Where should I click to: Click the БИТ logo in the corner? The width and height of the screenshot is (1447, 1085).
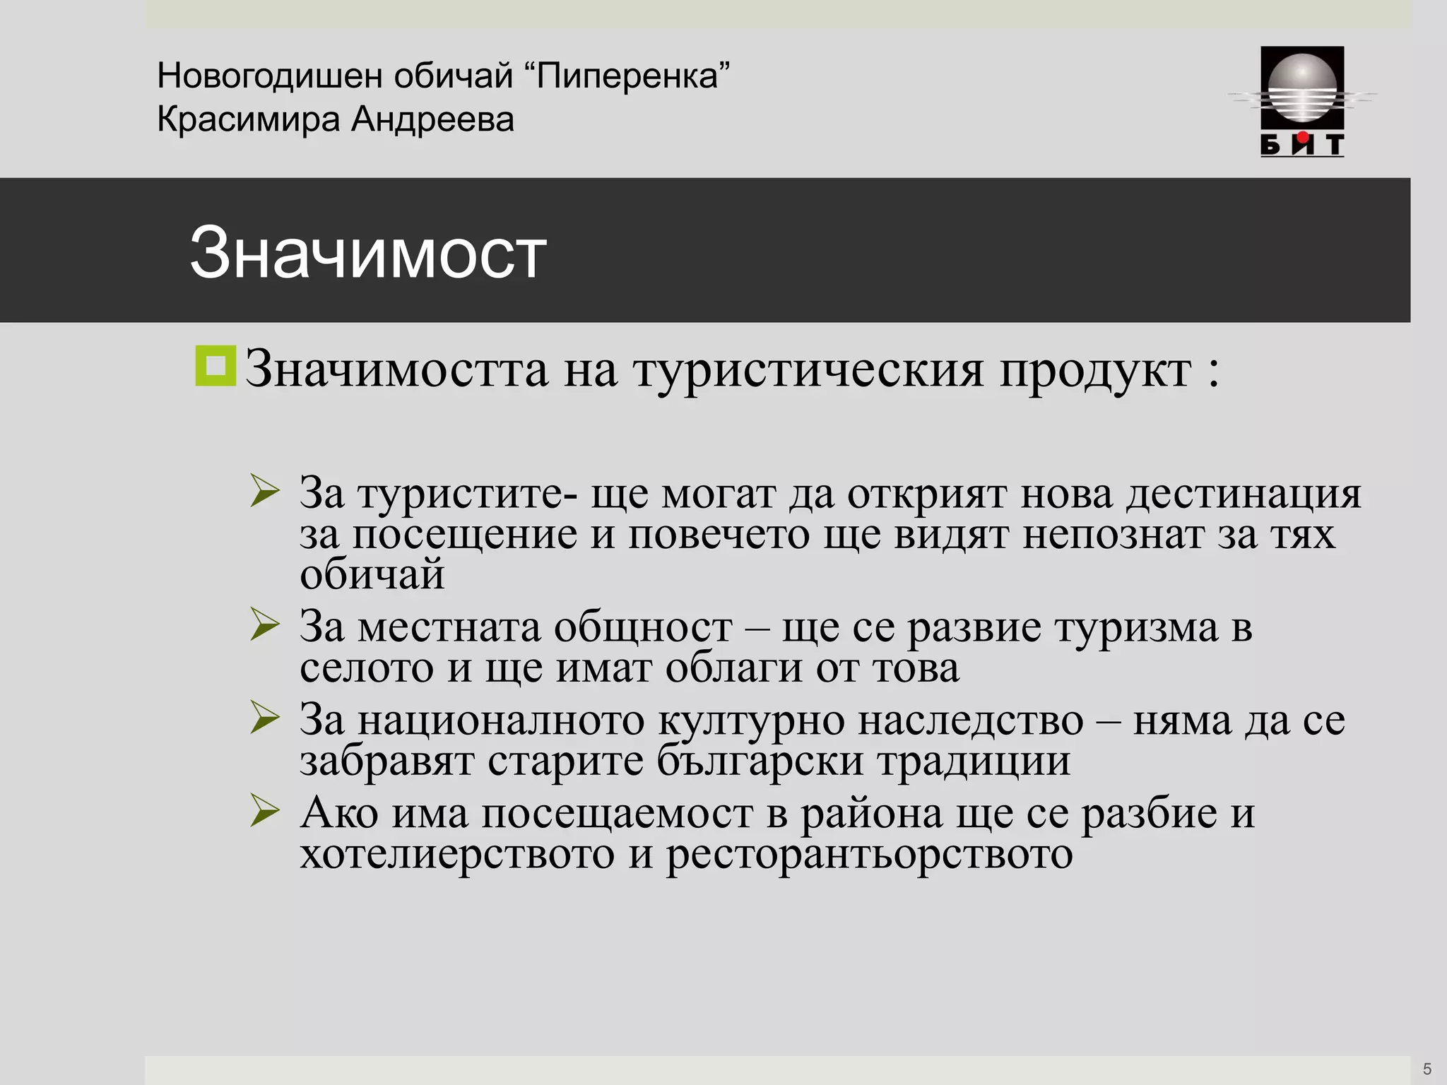point(1302,101)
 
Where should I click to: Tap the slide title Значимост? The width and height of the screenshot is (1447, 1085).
point(367,252)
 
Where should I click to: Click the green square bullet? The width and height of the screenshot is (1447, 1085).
point(215,366)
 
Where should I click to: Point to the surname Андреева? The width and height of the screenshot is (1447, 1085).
point(432,119)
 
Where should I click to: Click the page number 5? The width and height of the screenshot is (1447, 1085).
point(1427,1069)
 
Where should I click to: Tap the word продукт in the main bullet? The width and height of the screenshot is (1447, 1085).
point(1094,369)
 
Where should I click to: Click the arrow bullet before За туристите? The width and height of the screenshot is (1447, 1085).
point(265,492)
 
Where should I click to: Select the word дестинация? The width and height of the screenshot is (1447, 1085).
point(1243,493)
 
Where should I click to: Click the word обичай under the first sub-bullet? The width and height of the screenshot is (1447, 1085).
point(372,574)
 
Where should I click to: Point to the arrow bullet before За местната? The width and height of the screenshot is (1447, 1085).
point(265,625)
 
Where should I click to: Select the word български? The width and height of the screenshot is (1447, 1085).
point(760,761)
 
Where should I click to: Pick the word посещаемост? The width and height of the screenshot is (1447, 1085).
point(618,814)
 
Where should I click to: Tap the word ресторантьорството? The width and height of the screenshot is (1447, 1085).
point(869,855)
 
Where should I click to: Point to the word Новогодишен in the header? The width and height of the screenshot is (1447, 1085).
point(269,76)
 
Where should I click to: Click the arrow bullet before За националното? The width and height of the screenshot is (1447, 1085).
point(265,719)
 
